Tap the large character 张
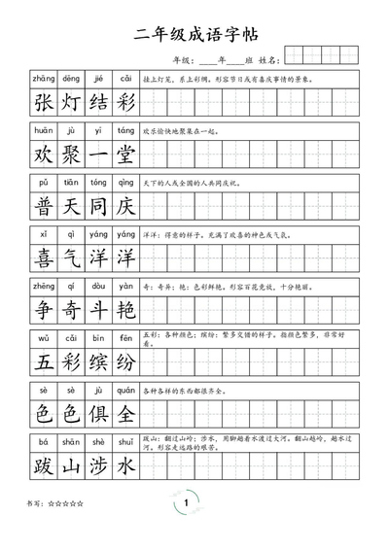(x=44, y=103)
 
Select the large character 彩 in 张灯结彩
(x=125, y=103)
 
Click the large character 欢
(x=44, y=155)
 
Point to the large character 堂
(x=125, y=155)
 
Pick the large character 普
(x=44, y=207)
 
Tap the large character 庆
(x=125, y=207)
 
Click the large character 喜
(x=44, y=258)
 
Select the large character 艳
(x=125, y=311)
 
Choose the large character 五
(x=44, y=362)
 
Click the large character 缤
(x=98, y=362)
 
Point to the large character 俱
(x=98, y=414)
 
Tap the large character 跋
(x=44, y=466)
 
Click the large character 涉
(x=98, y=466)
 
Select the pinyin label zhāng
(x=44, y=78)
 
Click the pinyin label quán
(x=125, y=389)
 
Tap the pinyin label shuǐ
(x=125, y=441)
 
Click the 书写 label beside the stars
(x=37, y=503)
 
